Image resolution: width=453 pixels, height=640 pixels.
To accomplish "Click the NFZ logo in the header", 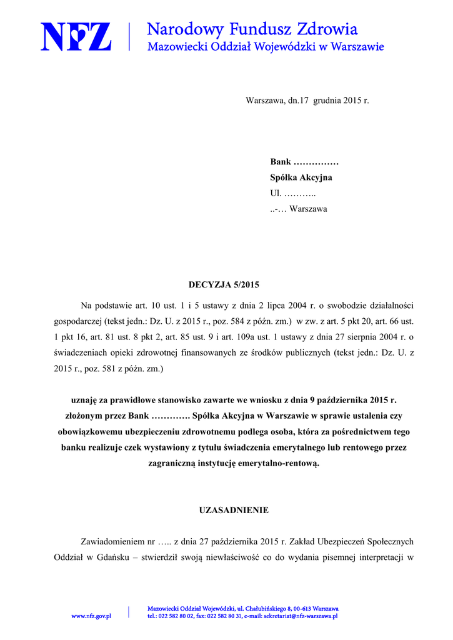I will pos(76,36).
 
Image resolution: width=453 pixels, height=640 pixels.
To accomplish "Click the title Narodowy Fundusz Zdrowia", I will pos(252,29).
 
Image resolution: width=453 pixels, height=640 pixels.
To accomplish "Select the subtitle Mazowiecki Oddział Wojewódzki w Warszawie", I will pos(265,46).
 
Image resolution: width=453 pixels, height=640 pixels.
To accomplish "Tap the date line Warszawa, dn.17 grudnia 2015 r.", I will pos(307,100).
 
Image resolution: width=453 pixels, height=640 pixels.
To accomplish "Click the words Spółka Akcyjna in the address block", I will pos(301,177).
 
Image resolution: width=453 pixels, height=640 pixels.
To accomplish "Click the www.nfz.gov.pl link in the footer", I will pos(91,616).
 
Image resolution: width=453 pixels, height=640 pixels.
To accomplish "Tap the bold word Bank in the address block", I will pos(281,162).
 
